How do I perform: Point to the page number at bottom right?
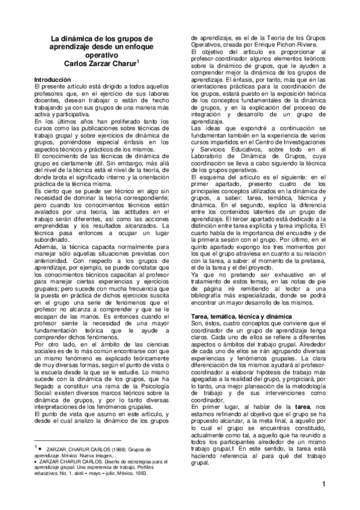coord(323,484)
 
